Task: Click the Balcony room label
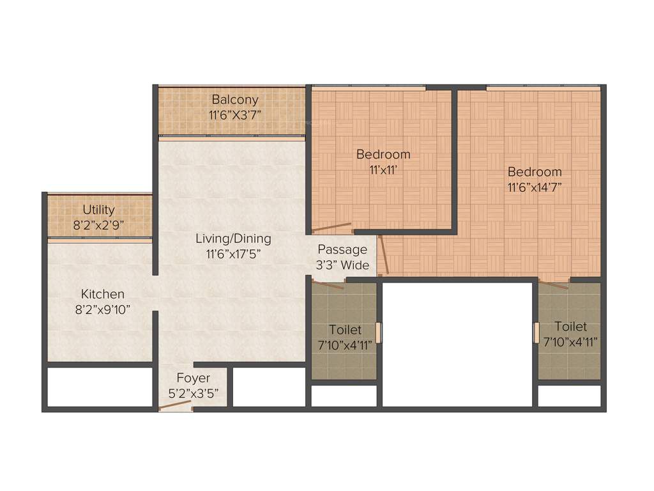click(235, 100)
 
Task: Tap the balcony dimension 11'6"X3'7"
click(235, 115)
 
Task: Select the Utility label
click(99, 210)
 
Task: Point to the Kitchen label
click(103, 294)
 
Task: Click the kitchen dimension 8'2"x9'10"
click(103, 309)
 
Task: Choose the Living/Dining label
click(233, 238)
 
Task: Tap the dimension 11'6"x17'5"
click(233, 254)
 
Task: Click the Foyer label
click(194, 378)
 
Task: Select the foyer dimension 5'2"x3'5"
click(194, 393)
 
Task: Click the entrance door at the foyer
click(176, 405)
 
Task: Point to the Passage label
click(342, 249)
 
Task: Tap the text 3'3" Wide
click(344, 265)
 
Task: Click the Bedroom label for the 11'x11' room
click(383, 154)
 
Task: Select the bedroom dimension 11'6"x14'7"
click(535, 187)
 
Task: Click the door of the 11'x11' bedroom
click(332, 226)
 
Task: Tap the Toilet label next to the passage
click(345, 331)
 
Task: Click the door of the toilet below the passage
click(330, 283)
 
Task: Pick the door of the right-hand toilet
click(553, 283)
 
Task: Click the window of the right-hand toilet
click(535, 333)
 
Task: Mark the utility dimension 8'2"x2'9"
click(99, 225)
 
